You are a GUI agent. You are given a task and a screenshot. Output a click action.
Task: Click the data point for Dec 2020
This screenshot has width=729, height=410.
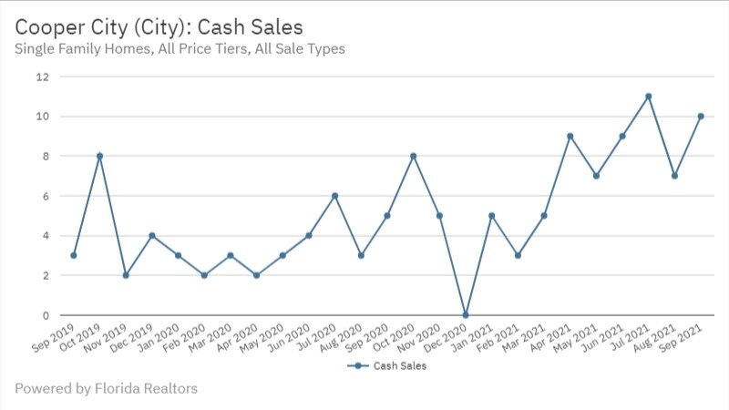pos(466,315)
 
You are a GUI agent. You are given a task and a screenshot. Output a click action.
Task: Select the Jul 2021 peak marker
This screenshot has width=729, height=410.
pos(649,97)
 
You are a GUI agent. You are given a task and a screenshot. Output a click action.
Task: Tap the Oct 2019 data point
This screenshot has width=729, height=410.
pos(99,156)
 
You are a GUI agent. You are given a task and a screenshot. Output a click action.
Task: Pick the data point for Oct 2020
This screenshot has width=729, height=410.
pos(414,156)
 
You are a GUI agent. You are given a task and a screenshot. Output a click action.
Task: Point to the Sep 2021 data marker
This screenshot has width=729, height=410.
pos(701,117)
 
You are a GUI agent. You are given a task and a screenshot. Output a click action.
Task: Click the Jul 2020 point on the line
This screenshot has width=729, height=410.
pos(335,196)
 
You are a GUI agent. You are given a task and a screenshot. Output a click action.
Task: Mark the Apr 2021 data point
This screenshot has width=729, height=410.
pos(570,137)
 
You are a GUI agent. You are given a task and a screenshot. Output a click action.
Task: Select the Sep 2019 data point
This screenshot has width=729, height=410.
pos(73,255)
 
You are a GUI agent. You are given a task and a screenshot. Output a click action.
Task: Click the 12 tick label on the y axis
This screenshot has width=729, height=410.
pos(42,77)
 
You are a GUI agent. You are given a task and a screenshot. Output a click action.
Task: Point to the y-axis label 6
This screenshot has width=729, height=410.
pos(45,196)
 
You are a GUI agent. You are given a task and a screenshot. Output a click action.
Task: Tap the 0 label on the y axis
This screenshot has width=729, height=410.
pos(45,315)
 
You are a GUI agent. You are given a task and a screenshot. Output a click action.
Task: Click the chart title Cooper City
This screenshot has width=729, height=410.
pos(158,24)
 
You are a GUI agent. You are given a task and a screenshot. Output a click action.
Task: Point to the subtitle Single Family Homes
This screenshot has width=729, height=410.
pos(180,48)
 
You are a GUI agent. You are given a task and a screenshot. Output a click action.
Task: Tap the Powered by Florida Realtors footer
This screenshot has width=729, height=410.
pos(106,389)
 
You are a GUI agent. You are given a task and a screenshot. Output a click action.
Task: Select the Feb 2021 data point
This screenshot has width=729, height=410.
pos(518,255)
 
